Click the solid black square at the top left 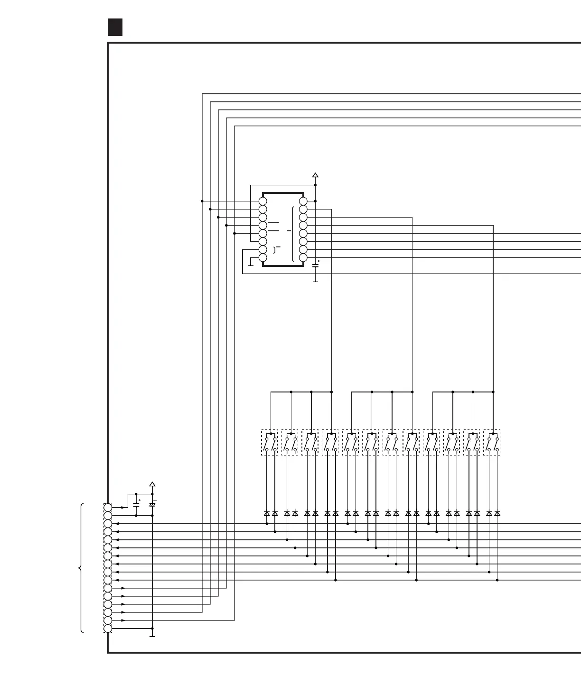(115, 27)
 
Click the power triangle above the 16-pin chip (315, 175)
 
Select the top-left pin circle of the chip (263, 201)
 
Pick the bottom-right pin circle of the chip (303, 258)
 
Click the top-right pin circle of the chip (303, 201)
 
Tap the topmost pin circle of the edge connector (108, 508)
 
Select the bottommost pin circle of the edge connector (108, 628)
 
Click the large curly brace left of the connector (82, 568)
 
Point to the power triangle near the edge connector (152, 484)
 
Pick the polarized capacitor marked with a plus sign (152, 505)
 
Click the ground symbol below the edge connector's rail (152, 635)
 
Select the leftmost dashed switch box (270, 443)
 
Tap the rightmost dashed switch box (492, 443)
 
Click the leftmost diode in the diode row (267, 513)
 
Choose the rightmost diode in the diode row (497, 513)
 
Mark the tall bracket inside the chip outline (293, 234)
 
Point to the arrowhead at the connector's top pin (123, 508)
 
